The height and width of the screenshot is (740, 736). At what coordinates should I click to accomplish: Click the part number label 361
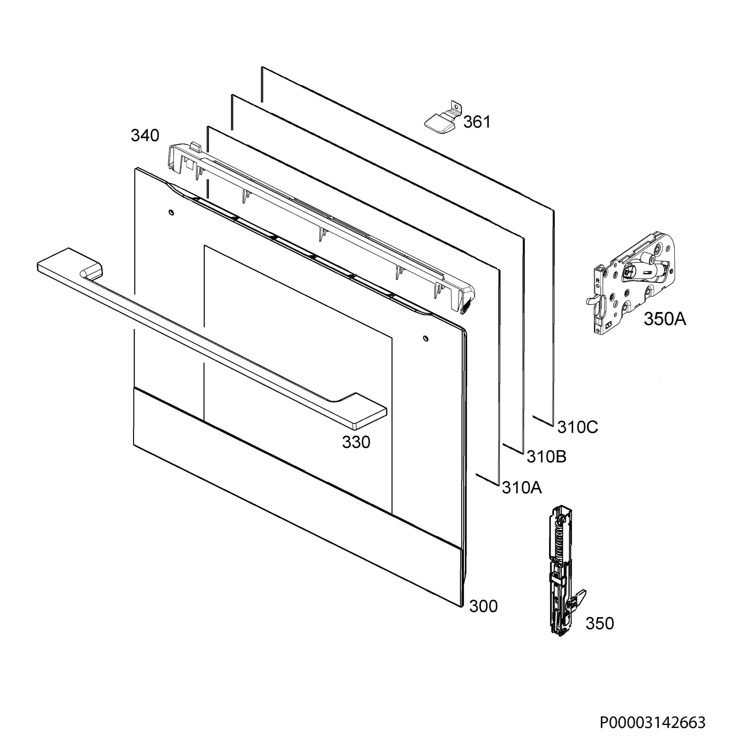click(x=477, y=122)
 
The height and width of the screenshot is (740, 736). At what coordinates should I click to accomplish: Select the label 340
click(x=145, y=136)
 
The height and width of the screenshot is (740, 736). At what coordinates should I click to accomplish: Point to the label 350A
click(x=665, y=319)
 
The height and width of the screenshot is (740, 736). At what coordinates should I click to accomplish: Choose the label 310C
click(x=578, y=427)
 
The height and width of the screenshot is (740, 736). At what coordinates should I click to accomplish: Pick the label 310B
click(x=547, y=457)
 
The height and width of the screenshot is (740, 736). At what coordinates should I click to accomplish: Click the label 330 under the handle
click(x=356, y=442)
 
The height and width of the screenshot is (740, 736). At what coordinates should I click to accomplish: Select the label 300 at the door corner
click(x=483, y=606)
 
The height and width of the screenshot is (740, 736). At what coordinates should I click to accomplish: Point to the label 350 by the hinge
click(x=599, y=623)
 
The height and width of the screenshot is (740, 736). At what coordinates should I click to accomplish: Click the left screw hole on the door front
click(x=171, y=212)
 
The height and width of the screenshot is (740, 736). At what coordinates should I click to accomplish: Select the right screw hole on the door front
click(x=426, y=339)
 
